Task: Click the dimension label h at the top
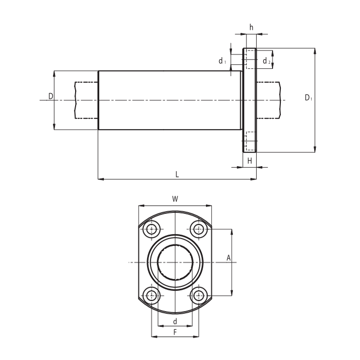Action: click(x=251, y=27)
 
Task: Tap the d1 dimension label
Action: click(x=222, y=61)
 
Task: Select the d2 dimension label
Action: click(x=266, y=61)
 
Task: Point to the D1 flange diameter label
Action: click(x=309, y=98)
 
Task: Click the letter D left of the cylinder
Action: click(x=51, y=96)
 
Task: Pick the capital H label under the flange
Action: click(x=249, y=160)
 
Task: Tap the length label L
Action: click(x=177, y=174)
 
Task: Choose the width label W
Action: click(x=175, y=199)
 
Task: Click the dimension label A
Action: click(x=228, y=258)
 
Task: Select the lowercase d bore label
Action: click(x=175, y=321)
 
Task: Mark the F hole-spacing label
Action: click(x=175, y=332)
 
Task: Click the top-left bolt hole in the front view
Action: click(x=152, y=229)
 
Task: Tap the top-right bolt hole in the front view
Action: click(x=199, y=229)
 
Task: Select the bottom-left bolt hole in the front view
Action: click(x=152, y=296)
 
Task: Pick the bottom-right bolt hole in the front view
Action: click(x=199, y=296)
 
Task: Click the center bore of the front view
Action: click(x=175, y=262)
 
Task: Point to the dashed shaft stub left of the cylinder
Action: click(x=86, y=100)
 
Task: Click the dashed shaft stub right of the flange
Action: click(x=268, y=100)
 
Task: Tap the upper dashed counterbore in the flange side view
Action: click(x=250, y=59)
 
